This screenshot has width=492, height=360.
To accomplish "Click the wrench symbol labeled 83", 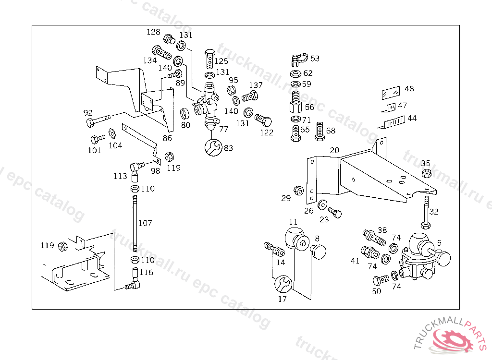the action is (213, 148).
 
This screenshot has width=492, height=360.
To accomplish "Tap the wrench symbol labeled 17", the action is (283, 284).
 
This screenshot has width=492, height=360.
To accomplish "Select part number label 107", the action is (145, 223).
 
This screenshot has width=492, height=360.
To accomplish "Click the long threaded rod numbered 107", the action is (135, 223).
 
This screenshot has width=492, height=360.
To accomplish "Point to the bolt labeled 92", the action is (98, 120).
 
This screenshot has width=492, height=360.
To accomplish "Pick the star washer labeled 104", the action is (112, 134).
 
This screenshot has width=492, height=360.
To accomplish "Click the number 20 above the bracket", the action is (334, 151).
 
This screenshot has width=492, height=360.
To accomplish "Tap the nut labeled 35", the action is (426, 173).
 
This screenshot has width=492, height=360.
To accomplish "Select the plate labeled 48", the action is (391, 93).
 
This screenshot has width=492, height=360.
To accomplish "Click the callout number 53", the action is (315, 59).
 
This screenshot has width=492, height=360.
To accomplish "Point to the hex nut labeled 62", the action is (295, 74).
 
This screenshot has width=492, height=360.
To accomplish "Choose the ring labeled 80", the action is (185, 114).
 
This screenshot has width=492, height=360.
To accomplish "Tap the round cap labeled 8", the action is (318, 252).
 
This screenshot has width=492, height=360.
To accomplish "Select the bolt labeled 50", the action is (381, 280).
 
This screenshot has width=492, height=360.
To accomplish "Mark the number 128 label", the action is (153, 32).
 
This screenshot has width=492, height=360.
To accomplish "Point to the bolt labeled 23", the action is (335, 212).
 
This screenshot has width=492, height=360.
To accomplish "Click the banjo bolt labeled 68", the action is (320, 132).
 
